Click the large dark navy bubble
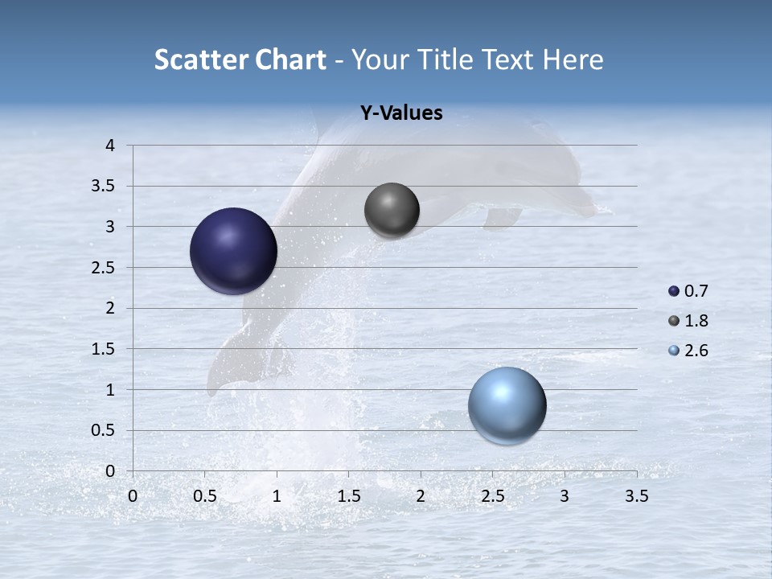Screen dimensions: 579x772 [x=233, y=251]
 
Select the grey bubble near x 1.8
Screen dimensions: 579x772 [x=392, y=211]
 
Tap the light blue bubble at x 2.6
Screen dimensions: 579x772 [x=507, y=405]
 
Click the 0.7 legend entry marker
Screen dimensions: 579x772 [x=674, y=291]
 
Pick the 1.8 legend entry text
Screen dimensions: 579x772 [x=696, y=321]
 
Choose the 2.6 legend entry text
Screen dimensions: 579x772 [x=696, y=351]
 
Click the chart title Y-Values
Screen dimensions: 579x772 [x=401, y=113]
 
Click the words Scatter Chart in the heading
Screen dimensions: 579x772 [x=240, y=60]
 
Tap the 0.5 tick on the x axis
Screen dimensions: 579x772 [x=205, y=496]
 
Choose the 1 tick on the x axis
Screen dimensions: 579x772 [x=277, y=496]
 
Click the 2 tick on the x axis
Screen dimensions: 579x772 [x=421, y=496]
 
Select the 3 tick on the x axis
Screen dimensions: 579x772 [x=565, y=496]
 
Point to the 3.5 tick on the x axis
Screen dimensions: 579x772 [x=636, y=496]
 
